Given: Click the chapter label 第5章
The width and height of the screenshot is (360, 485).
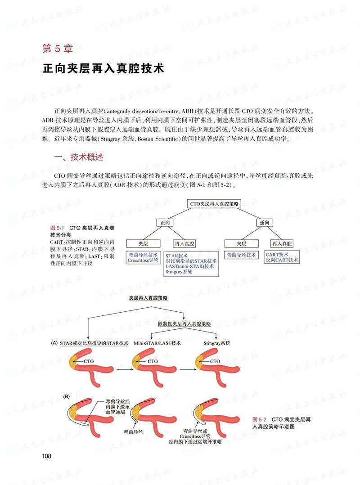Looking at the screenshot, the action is pyautogui.click(x=58, y=49).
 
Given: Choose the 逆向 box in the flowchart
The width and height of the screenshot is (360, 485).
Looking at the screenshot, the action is pyautogui.click(x=265, y=223).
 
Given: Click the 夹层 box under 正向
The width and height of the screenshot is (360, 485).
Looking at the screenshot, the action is pyautogui.click(x=143, y=243).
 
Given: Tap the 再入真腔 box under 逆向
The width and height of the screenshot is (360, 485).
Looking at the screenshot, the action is pyautogui.click(x=282, y=243).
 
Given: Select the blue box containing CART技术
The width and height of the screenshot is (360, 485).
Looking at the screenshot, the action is pyautogui.click(x=282, y=257).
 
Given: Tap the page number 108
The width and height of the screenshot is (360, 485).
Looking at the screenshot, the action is pyautogui.click(x=47, y=456).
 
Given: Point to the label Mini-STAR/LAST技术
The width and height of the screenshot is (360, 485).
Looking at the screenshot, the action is pyautogui.click(x=157, y=343).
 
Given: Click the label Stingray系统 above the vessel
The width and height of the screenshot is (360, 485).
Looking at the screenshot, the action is pyautogui.click(x=217, y=343).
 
